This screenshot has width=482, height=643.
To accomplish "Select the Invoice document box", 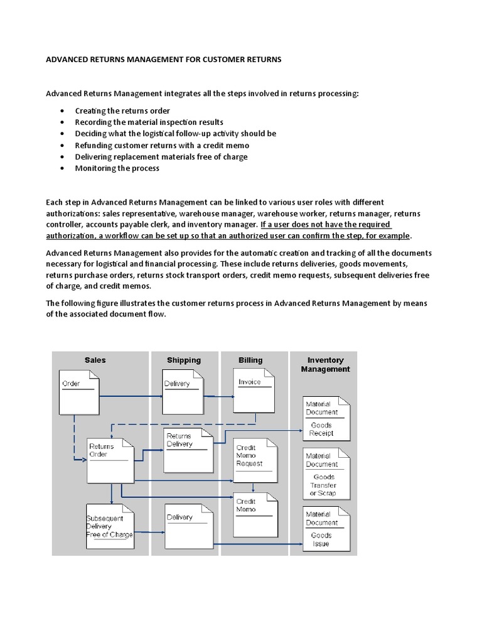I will (x=256, y=391).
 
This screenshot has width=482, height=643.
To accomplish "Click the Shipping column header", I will (x=184, y=360).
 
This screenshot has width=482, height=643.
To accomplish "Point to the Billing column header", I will (x=250, y=360).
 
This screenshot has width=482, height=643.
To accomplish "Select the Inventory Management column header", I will (x=325, y=365).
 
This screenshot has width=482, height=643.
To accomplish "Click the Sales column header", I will (x=95, y=360).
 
